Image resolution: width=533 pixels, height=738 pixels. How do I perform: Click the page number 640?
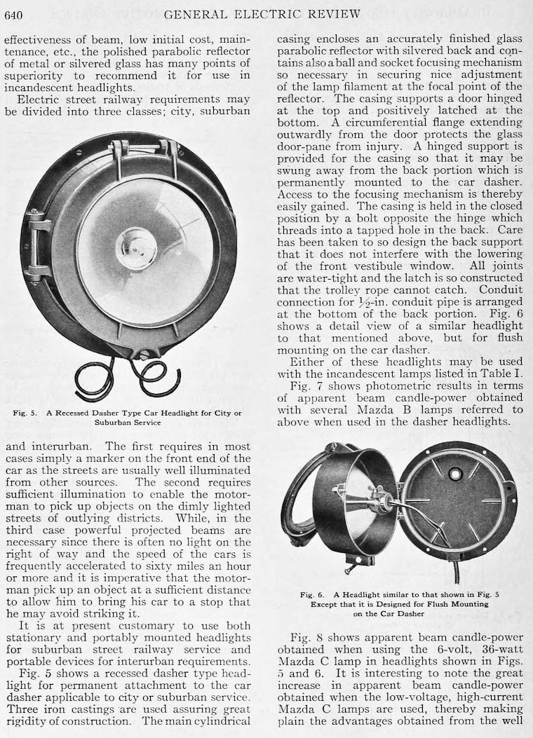click(15, 13)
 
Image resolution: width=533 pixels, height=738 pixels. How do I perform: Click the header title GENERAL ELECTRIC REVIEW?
click(263, 13)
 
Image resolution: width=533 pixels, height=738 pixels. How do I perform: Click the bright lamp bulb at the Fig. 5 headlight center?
click(136, 249)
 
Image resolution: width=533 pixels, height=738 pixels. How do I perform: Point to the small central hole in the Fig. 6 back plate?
click(455, 474)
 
